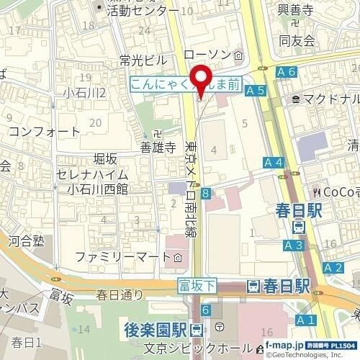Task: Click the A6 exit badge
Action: [287, 71]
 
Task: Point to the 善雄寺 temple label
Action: [158, 148]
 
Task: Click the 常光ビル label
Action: [143, 59]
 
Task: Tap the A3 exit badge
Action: [293, 246]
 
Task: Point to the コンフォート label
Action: [45, 132]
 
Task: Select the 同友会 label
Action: [299, 41]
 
